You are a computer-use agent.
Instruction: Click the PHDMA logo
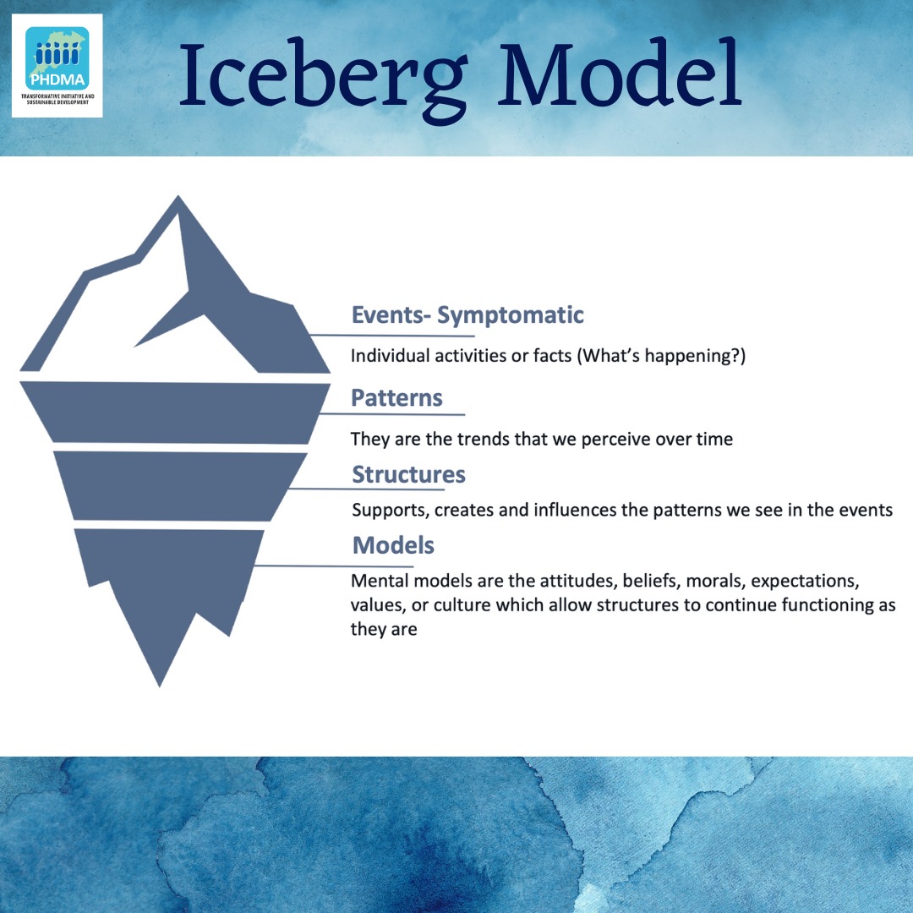[x=57, y=64]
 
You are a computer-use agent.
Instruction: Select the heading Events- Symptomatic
[x=467, y=315]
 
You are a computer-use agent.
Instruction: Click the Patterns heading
[x=396, y=397]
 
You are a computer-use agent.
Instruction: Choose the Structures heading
[x=408, y=474]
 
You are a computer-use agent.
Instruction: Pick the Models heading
[x=393, y=545]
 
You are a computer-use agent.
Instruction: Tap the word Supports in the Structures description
[x=388, y=510]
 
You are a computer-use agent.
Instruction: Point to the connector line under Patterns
[x=393, y=414]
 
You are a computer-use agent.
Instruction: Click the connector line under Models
[x=334, y=566]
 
